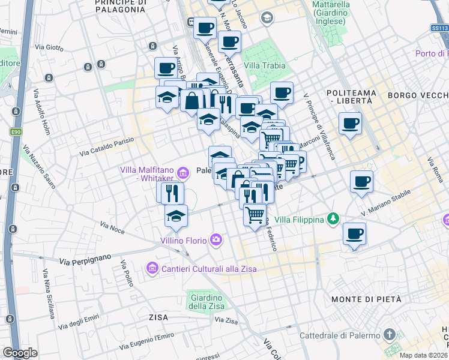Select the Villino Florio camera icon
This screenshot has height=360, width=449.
(x=215, y=241)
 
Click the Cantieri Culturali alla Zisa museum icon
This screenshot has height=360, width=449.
(x=152, y=268)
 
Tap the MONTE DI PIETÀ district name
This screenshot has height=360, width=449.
(x=366, y=299)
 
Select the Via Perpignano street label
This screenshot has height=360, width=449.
(x=86, y=260)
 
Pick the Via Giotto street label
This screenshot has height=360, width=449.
(x=49, y=46)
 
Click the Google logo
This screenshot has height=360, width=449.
(x=20, y=352)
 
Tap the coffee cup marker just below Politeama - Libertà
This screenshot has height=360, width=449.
(x=350, y=123)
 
